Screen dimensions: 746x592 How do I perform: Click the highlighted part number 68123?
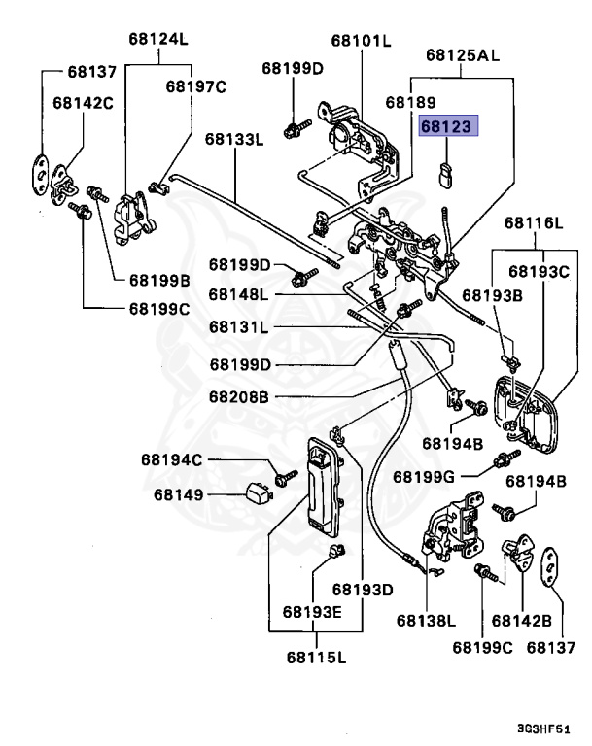coord(443,126)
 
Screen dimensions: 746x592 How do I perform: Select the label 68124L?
coord(157,40)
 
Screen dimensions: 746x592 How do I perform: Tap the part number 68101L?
coord(360,40)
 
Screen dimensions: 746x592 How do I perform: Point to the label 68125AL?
coord(463,56)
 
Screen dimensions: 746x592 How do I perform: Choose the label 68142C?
coord(83,101)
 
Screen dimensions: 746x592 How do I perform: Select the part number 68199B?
coord(159,280)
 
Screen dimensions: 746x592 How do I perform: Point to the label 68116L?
coord(534,224)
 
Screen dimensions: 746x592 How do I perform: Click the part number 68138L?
coord(426,620)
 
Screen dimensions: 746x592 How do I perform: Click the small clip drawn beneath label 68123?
coord(446,175)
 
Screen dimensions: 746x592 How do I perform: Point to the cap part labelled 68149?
coord(256,493)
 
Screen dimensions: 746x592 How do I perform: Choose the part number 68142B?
coord(521,620)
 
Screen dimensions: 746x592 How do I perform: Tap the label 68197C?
coord(195,86)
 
